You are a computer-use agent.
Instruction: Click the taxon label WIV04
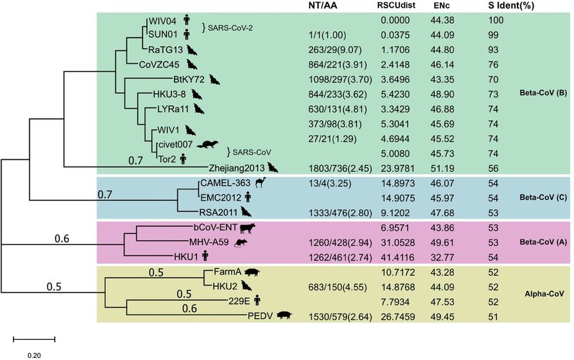(x=161, y=22)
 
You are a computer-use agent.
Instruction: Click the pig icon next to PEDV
(x=284, y=316)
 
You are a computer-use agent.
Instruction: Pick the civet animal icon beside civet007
(x=206, y=143)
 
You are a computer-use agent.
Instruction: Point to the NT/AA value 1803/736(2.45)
(x=337, y=168)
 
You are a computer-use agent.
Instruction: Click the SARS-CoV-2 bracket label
(x=228, y=27)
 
